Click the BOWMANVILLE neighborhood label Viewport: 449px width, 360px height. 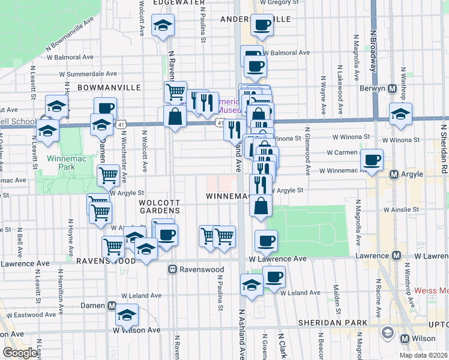click(x=101, y=87)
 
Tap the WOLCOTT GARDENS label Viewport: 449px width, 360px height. click(x=160, y=206)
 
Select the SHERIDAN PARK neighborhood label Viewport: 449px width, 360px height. click(x=333, y=323)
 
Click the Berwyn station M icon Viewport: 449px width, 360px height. click(x=392, y=89)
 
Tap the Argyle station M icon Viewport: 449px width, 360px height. click(x=394, y=175)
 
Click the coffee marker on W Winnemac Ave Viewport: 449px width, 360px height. click(x=372, y=160)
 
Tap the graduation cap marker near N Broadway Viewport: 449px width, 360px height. click(x=400, y=115)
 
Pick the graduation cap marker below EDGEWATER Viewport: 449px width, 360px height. click(x=162, y=26)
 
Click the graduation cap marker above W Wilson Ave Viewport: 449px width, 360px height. click(x=127, y=314)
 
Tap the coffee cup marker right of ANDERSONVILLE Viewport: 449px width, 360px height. click(x=262, y=25)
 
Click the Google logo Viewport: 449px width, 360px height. click(x=20, y=353)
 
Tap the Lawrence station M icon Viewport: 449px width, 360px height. click(x=396, y=255)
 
